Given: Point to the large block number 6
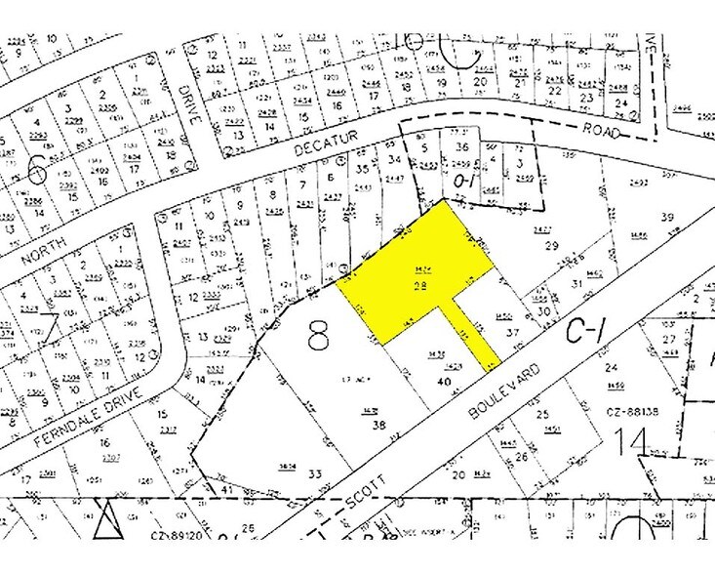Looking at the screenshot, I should (x=37, y=173).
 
